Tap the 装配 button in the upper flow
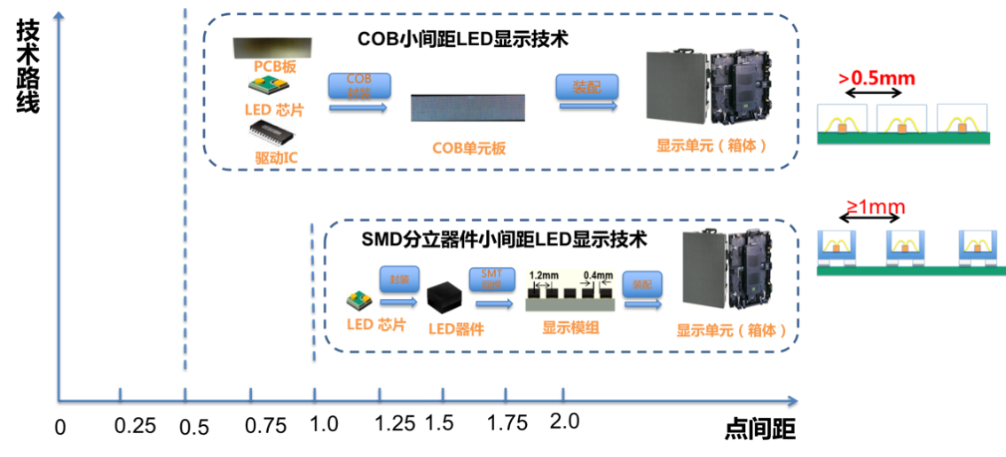coord(586,87)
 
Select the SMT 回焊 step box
coord(491,280)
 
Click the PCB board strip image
coord(272,48)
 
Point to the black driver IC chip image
coord(271,133)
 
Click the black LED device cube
coord(444,298)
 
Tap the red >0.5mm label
coord(876,78)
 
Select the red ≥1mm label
coord(875,208)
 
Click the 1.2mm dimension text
coord(542,276)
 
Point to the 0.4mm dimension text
coord(598,276)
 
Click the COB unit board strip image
coord(468,108)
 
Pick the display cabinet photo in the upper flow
coord(708,87)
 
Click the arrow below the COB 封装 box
coord(358,107)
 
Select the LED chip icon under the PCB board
coord(269,85)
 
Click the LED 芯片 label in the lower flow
coord(376,326)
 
